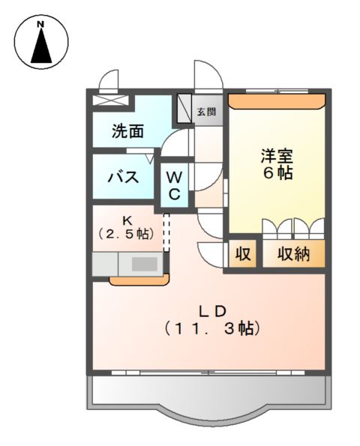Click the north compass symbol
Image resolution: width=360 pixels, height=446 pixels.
point(42,43)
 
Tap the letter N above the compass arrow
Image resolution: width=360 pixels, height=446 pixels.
point(42,25)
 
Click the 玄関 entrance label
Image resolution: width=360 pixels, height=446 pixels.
point(206,112)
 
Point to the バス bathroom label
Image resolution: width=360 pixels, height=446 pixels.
point(122,178)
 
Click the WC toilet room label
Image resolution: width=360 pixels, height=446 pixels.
point(173,186)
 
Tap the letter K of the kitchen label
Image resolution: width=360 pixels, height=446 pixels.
point(127,220)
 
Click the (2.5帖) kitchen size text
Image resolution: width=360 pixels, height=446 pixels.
point(127,235)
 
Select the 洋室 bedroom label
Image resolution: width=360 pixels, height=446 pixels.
point(277,157)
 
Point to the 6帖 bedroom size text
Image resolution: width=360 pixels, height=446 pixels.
point(277,173)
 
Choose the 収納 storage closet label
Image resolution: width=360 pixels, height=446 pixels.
point(293,254)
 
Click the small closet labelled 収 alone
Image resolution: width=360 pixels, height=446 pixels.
point(243,254)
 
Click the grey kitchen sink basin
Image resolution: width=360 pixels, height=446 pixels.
point(145,264)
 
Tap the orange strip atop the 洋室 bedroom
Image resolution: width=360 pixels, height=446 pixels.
point(277,97)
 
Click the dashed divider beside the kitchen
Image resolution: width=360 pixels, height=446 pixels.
point(167,231)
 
